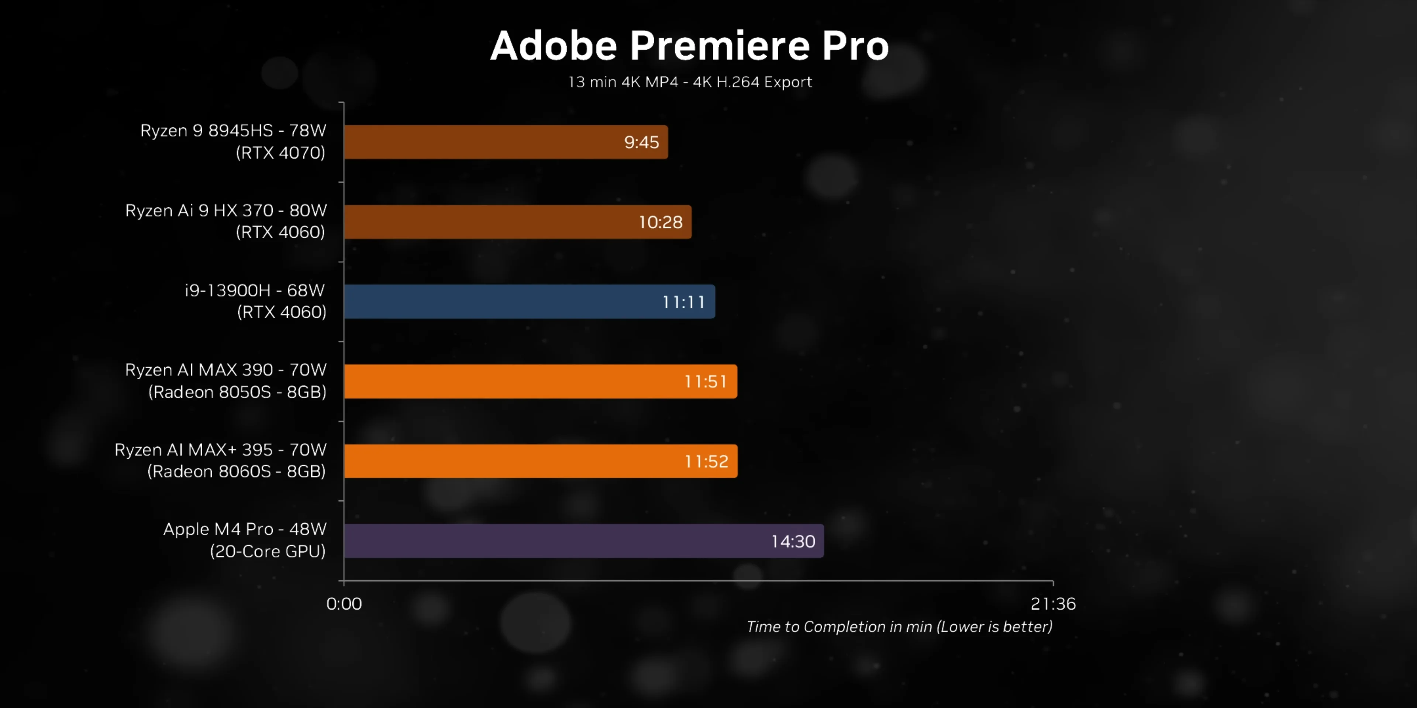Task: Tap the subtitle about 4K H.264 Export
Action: click(690, 82)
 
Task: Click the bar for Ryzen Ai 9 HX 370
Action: click(495, 222)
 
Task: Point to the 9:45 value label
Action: click(641, 142)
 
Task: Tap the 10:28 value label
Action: click(660, 222)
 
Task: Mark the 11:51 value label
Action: click(706, 382)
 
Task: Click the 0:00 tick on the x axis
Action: click(344, 604)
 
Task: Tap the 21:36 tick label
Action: click(1053, 604)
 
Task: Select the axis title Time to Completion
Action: click(899, 627)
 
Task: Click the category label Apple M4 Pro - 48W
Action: click(245, 529)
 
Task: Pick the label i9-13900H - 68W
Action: click(255, 290)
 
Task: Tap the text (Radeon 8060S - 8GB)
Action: click(237, 471)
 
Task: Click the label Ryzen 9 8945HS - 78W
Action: click(233, 130)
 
